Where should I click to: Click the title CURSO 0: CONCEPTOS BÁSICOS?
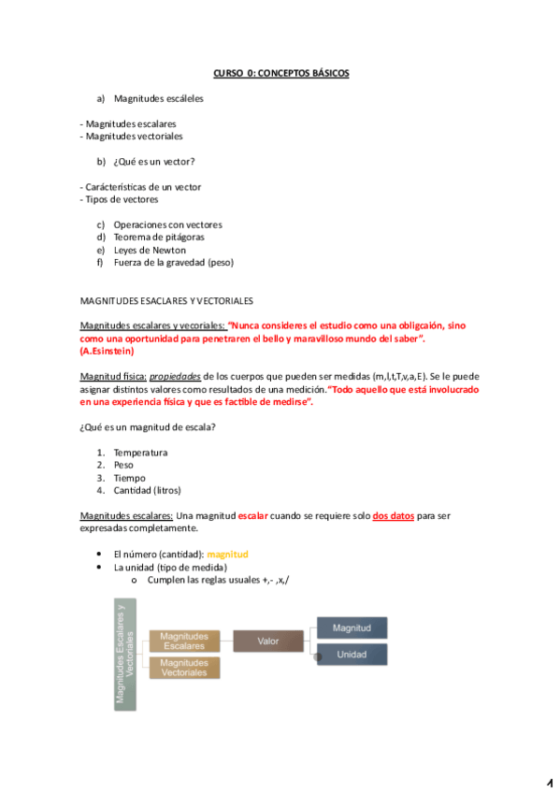click(x=280, y=73)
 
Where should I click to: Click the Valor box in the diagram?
click(x=268, y=641)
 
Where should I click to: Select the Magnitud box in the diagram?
click(x=352, y=627)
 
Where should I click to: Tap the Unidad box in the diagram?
click(x=352, y=655)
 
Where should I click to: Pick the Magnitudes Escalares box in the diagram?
click(x=184, y=641)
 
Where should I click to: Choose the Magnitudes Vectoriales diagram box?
click(x=184, y=668)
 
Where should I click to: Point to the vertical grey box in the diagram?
click(x=124, y=655)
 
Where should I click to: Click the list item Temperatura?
click(x=140, y=453)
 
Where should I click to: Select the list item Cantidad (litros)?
click(x=147, y=490)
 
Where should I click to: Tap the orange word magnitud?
click(x=227, y=554)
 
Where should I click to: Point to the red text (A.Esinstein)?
click(x=107, y=351)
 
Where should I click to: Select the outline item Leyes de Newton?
click(x=150, y=250)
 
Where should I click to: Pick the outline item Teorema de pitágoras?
click(x=159, y=238)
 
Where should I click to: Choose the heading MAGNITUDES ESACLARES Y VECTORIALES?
click(x=166, y=300)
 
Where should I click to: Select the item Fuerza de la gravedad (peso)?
click(x=174, y=263)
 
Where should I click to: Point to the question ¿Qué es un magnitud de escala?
click(x=150, y=427)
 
